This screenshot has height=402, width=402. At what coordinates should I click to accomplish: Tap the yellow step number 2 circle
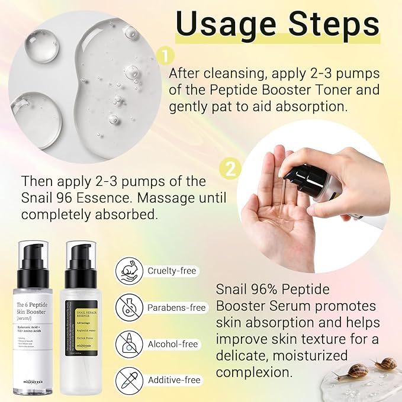tap(230, 169)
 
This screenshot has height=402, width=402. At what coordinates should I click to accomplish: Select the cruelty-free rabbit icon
tap(131, 271)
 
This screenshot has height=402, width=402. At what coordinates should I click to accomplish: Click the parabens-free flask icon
tap(131, 308)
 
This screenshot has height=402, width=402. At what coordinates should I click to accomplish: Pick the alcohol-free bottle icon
tap(131, 344)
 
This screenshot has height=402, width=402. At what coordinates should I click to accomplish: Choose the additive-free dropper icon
tap(131, 380)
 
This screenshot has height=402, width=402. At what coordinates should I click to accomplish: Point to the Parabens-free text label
tap(176, 308)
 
